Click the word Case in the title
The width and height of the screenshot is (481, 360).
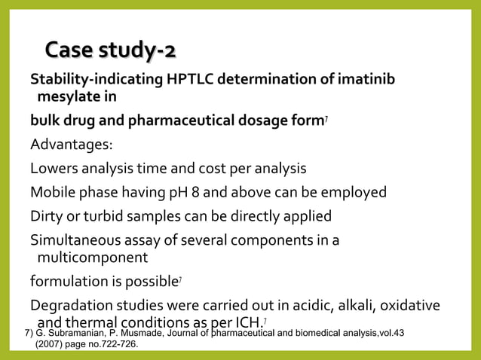72,51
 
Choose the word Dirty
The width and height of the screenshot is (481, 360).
47,216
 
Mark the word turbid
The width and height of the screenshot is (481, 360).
93,216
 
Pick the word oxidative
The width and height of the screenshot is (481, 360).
412,305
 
